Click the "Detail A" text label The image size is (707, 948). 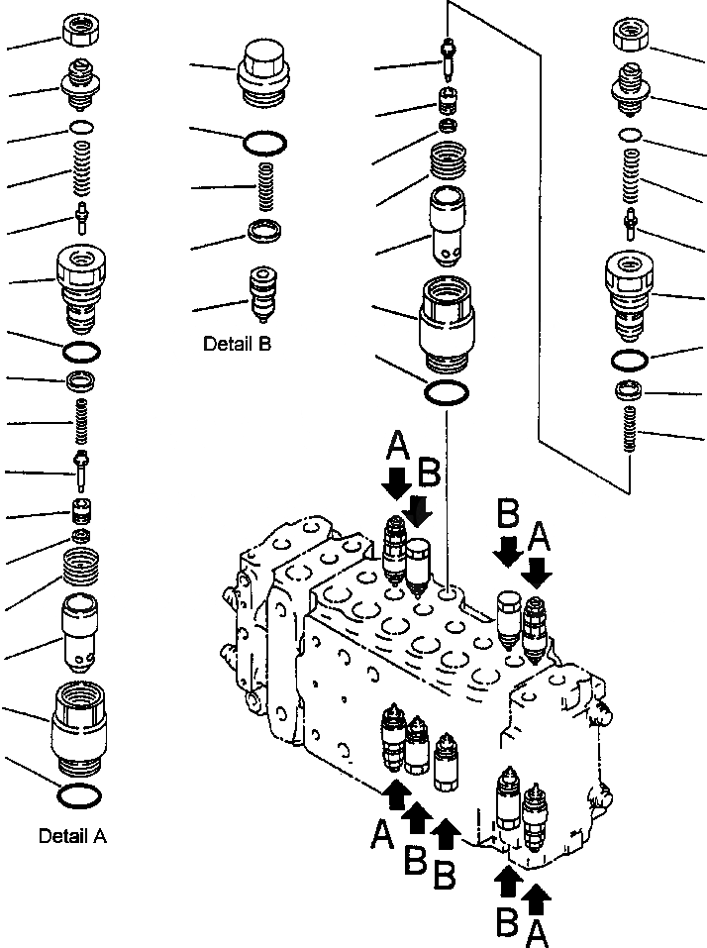(72, 836)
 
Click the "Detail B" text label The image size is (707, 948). (237, 344)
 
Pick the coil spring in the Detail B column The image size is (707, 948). (264, 186)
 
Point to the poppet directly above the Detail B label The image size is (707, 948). (264, 293)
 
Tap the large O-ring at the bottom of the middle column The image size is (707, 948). (447, 391)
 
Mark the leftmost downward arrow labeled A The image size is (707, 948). (396, 482)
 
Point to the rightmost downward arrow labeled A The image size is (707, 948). (540, 571)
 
